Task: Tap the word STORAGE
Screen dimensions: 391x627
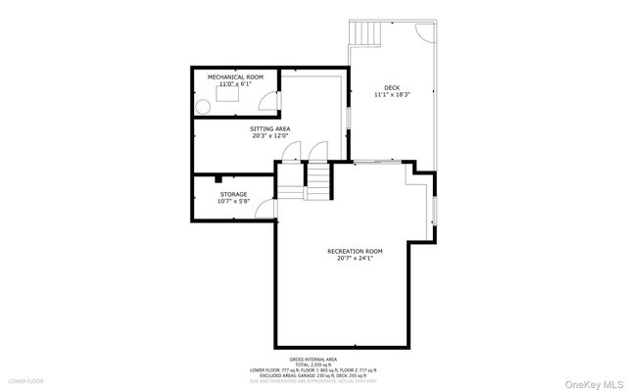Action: click(233, 194)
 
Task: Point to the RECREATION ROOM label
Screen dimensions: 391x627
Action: click(354, 251)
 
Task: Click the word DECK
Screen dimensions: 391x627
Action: click(392, 87)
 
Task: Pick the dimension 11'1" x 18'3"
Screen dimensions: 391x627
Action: click(392, 95)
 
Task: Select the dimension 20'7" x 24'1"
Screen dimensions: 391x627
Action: click(354, 259)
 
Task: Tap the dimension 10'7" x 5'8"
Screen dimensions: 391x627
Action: click(233, 201)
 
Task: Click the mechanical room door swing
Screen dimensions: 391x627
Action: click(269, 101)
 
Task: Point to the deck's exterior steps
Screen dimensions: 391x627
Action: click(363, 34)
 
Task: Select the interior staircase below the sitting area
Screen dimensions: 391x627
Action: click(320, 178)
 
